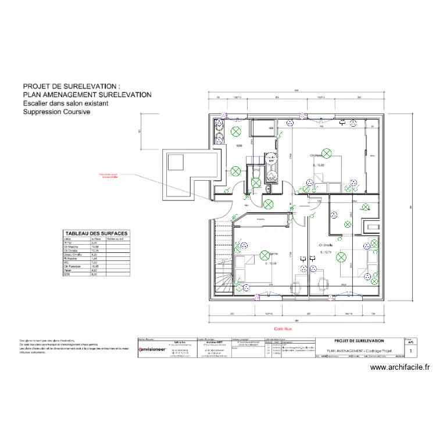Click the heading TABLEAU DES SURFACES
pos(96,233)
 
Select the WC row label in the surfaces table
pos(66,262)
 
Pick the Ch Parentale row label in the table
pos(70,266)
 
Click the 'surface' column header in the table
pos(95,238)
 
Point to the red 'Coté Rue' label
pos(296,328)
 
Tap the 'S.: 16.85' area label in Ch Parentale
pos(319,166)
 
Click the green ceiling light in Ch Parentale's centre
pos(327,153)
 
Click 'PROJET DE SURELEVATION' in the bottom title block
pos(359,341)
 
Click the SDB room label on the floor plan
pos(238,145)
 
